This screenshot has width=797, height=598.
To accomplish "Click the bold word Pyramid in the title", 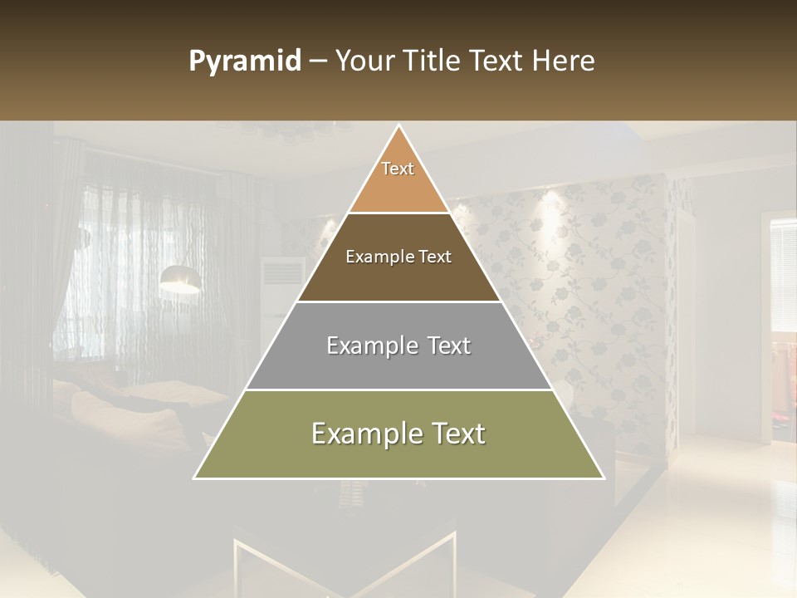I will [244, 61].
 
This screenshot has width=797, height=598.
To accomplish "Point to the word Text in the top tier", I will [398, 169].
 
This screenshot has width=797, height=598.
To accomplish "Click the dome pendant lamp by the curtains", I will [180, 279].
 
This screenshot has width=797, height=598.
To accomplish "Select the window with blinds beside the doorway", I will [783, 274].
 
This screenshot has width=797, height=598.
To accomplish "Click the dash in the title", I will [318, 61].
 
